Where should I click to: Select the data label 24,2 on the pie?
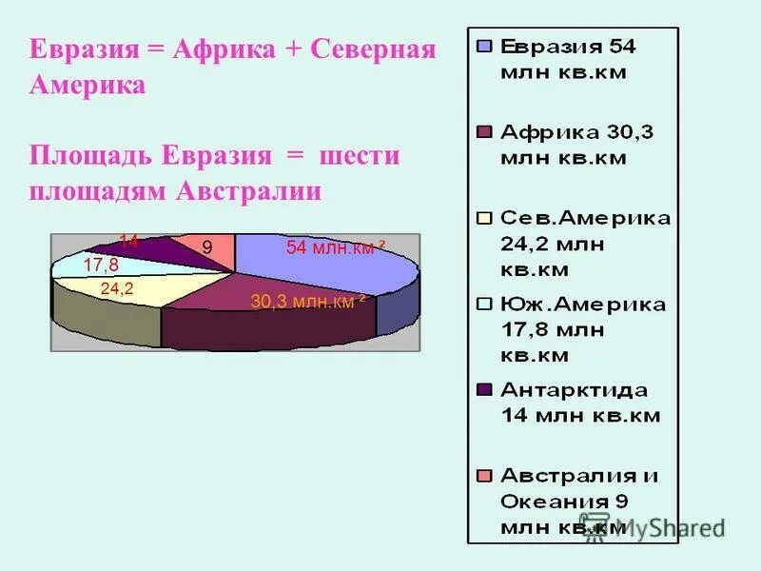pyautogui.click(x=116, y=286)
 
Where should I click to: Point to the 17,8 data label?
pyautogui.click(x=101, y=265)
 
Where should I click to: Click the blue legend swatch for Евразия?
pyautogui.click(x=483, y=46)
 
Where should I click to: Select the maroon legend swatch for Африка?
pyautogui.click(x=483, y=131)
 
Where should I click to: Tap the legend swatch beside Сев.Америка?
pyautogui.click(x=483, y=217)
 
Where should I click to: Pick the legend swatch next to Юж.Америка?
pyautogui.click(x=483, y=304)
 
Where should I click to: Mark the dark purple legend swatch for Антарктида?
pyautogui.click(x=483, y=389)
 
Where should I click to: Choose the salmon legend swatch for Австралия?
pyautogui.click(x=483, y=475)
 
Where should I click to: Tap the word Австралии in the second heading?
pyautogui.click(x=249, y=191)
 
